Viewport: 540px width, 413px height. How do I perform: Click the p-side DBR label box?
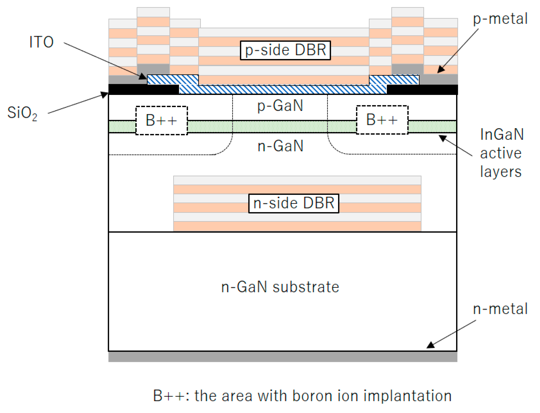pos(285,50)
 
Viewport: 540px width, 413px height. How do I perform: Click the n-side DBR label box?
pos(293,203)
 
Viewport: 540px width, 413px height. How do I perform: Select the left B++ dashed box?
pos(162,120)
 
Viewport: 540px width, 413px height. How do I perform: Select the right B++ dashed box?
pos(382,120)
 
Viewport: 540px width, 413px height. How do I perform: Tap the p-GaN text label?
pos(280,106)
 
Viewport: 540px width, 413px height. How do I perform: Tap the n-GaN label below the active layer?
pos(280,146)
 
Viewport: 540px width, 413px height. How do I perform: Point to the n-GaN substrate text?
pos(280,287)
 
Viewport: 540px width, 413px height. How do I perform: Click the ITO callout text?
pos(41,42)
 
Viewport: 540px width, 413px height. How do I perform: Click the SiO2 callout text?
pos(22,113)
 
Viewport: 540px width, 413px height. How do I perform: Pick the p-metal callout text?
pos(500,19)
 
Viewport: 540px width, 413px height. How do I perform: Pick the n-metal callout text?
pos(500,309)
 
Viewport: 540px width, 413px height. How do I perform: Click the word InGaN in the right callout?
pos(502,134)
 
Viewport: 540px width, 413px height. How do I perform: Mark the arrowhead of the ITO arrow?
pos(143,77)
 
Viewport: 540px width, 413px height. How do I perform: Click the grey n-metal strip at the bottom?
pos(283,357)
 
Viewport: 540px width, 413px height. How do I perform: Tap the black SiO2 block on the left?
pos(143,90)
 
